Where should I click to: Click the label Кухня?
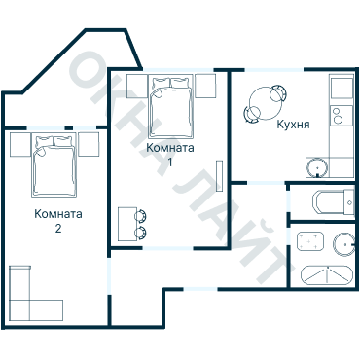tap(293, 125)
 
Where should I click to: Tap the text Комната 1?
tap(170, 155)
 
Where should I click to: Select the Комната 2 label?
tap(58, 221)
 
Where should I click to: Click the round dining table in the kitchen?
tap(266, 103)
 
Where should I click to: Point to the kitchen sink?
tap(317, 167)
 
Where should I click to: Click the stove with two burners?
tap(342, 116)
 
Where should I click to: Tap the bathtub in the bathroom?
tap(326, 275)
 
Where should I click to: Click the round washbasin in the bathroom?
tap(343, 244)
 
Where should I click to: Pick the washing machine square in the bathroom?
tap(310, 241)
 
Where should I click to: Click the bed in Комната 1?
tap(171, 106)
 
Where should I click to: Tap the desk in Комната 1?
tap(127, 224)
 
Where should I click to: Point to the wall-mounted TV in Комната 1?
tap(220, 175)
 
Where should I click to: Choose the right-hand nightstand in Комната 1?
tap(205, 87)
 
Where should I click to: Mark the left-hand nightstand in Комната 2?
tap(20, 144)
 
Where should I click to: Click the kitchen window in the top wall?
tap(274, 70)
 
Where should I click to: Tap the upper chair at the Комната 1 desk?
tap(141, 216)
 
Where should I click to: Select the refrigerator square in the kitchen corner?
tap(342, 87)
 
